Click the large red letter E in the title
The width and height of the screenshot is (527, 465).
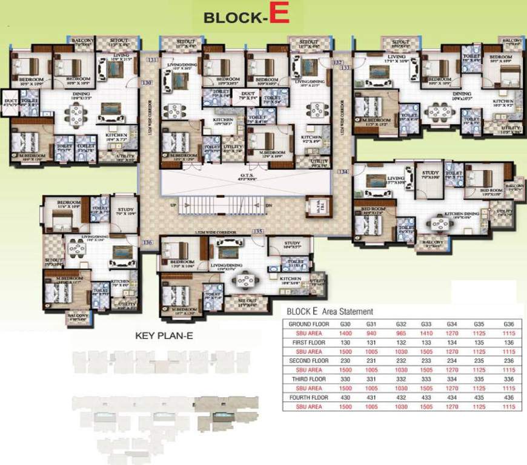(x=278, y=15)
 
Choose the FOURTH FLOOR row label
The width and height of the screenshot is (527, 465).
(x=309, y=397)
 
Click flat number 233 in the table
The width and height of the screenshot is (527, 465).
(x=426, y=361)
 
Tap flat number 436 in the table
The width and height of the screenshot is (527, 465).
(x=508, y=397)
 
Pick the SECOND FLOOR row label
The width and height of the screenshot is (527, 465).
(x=309, y=361)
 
